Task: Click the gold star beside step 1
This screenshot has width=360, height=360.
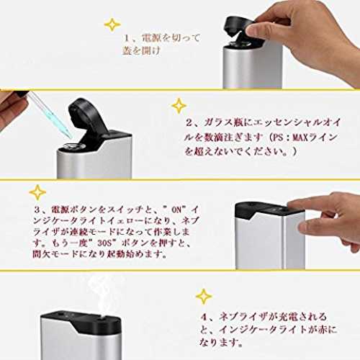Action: click(x=112, y=24)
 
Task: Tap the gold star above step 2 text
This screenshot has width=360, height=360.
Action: click(x=179, y=106)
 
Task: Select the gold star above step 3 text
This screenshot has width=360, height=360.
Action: click(x=37, y=192)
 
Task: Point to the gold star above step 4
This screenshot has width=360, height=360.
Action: click(x=204, y=297)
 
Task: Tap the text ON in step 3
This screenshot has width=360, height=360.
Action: click(x=176, y=210)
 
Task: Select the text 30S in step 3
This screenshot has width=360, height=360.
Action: click(x=105, y=243)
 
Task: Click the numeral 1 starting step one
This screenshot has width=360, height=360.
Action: click(x=127, y=38)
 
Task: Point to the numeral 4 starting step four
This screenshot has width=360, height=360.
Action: click(x=204, y=318)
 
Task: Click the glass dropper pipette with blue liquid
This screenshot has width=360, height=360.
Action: click(x=50, y=114)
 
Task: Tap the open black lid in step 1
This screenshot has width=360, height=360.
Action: click(x=239, y=27)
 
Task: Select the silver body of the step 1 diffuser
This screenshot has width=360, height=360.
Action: click(x=253, y=66)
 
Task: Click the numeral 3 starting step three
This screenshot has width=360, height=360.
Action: click(x=37, y=210)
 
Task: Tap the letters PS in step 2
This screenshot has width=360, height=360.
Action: click(x=279, y=138)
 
